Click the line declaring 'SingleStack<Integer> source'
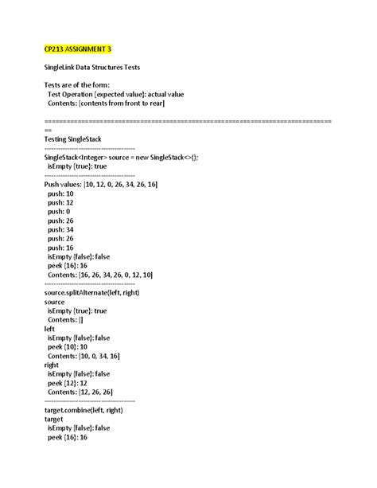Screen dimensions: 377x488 122,158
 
